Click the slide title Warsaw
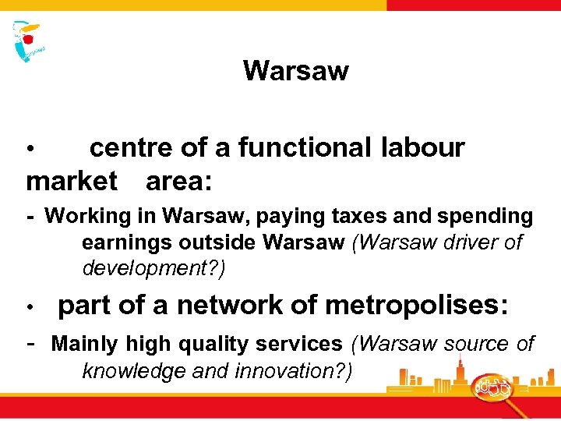tap(295, 71)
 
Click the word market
tap(72, 182)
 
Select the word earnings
tap(127, 242)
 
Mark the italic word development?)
tap(153, 269)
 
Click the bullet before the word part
tap(30, 306)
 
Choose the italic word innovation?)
tap(291, 370)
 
